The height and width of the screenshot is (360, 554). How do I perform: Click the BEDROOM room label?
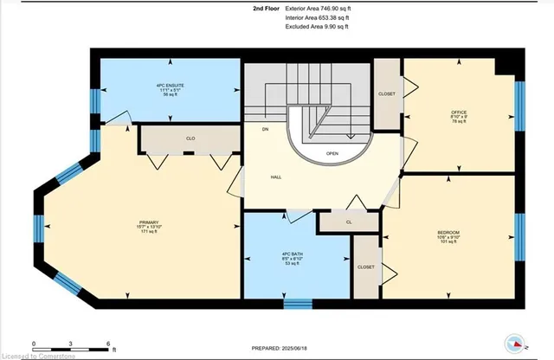pyautogui.click(x=448, y=232)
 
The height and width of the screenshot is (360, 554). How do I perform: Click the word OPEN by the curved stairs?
pyautogui.click(x=332, y=153)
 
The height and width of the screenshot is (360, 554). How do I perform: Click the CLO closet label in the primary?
pyautogui.click(x=190, y=137)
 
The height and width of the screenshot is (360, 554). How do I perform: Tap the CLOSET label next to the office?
pyautogui.click(x=387, y=93)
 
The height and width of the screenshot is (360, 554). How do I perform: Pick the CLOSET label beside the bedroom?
pyautogui.click(x=366, y=267)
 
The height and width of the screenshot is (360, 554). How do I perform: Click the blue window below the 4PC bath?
pyautogui.click(x=298, y=304)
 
